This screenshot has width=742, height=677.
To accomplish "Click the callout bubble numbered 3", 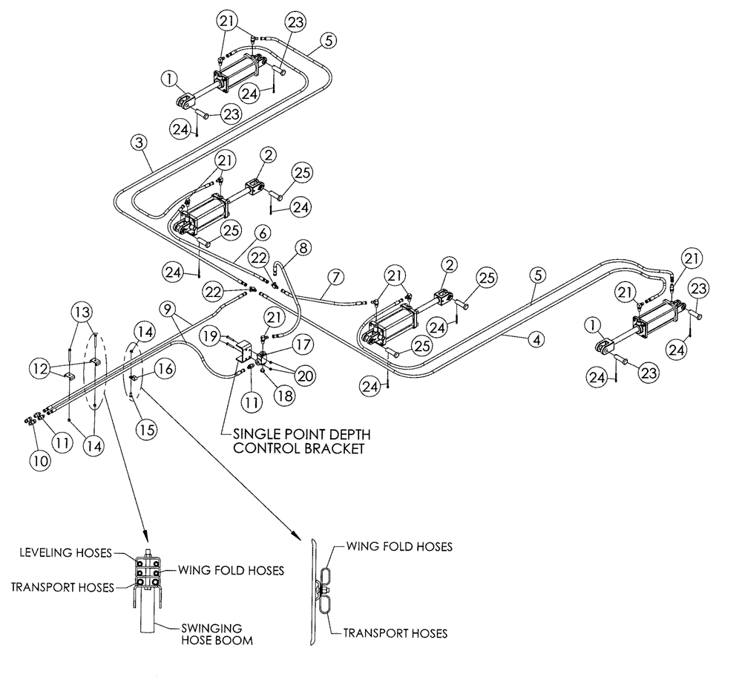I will pos(138,141).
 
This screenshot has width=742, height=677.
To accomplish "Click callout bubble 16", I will pos(166,367).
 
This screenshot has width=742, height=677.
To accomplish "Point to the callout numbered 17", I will pos(304,345).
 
